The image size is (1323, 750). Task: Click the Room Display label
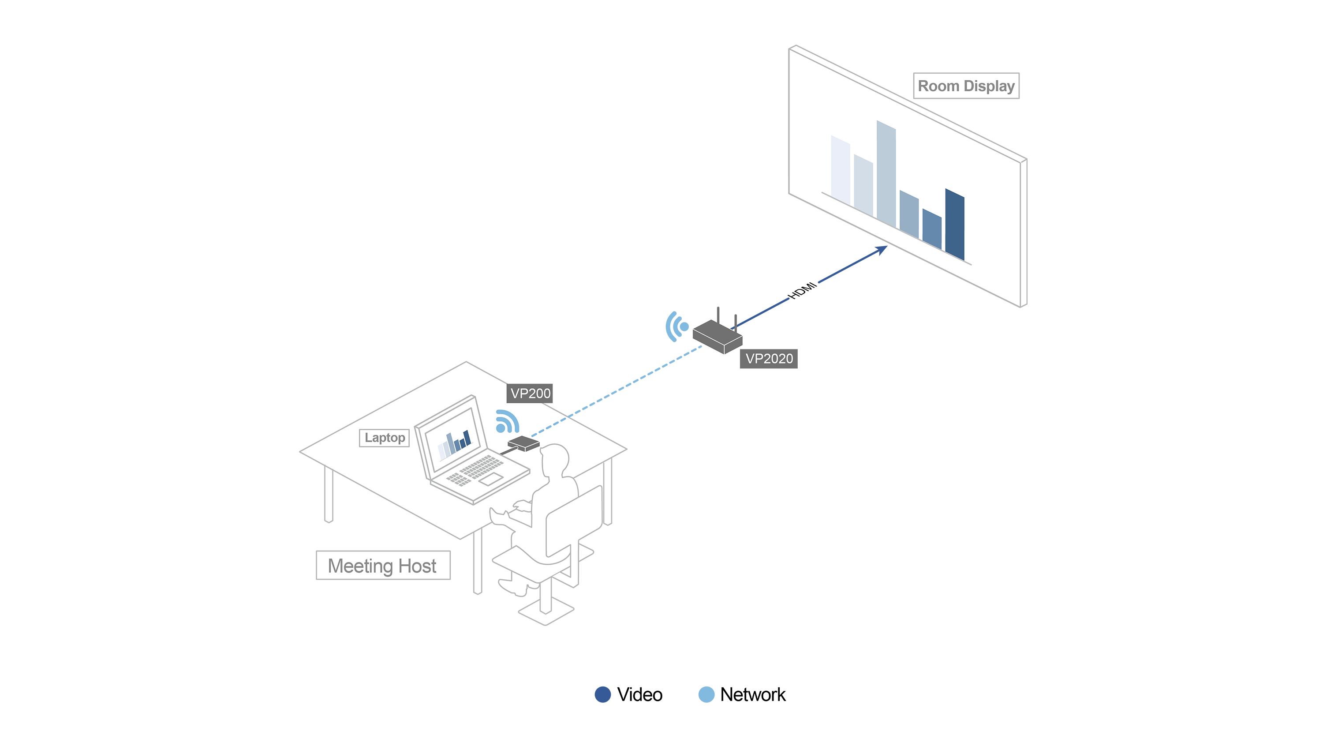point(966,86)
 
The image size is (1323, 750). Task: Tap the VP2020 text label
point(769,359)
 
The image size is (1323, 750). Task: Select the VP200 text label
point(530,394)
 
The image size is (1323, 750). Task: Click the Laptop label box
point(384,438)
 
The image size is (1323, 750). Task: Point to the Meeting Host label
point(382,566)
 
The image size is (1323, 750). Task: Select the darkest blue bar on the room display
point(954,224)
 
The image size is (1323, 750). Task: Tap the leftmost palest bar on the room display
point(840,170)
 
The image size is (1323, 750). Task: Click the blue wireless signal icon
point(507,421)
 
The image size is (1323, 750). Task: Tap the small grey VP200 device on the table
point(523,443)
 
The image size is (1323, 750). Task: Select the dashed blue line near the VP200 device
point(549,427)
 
